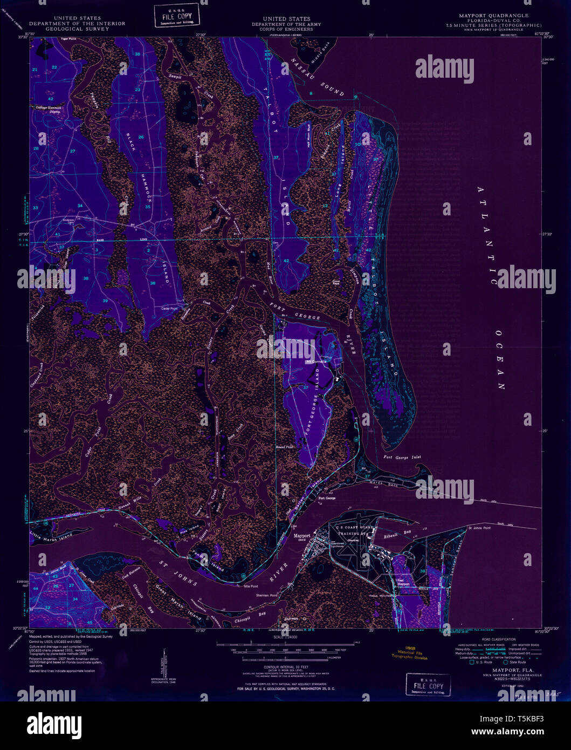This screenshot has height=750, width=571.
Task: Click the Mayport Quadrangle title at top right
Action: pyautogui.click(x=493, y=16)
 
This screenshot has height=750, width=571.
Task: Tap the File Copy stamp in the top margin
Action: pyautogui.click(x=177, y=16)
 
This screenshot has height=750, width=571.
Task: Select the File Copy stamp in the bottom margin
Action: pyautogui.click(x=429, y=685)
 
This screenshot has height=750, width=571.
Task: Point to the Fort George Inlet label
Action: pyautogui.click(x=402, y=458)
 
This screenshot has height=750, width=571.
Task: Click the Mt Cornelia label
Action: pyautogui.click(x=316, y=361)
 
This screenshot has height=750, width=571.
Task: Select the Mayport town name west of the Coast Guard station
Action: pyautogui.click(x=302, y=536)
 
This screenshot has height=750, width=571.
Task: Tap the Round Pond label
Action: pyautogui.click(x=284, y=447)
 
